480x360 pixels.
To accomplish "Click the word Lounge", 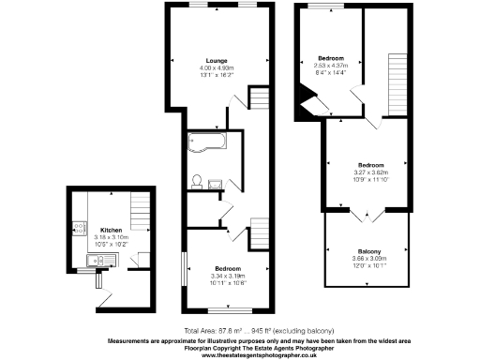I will tap(217, 62).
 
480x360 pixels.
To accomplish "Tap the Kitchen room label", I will tap(111, 230).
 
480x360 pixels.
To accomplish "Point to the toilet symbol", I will tap(197, 180).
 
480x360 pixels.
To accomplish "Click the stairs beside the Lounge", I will tap(258, 99).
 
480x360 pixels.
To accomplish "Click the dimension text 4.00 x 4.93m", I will tap(217, 69).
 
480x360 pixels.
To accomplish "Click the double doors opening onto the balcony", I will tap(366, 217).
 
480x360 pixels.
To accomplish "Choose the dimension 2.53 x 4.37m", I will tap(332, 64).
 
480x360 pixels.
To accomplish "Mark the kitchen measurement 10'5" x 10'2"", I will tap(111, 245).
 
